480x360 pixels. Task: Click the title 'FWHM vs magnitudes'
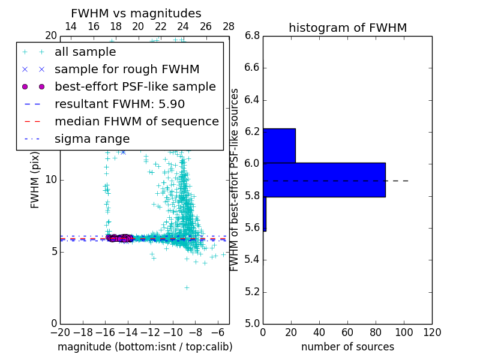(x=136, y=14)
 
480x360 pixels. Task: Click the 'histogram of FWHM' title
(x=347, y=28)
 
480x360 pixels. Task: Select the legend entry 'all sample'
(x=85, y=52)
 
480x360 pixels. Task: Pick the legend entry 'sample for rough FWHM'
(x=127, y=69)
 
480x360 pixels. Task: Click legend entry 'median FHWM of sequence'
(x=136, y=121)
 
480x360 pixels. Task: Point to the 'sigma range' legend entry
(x=92, y=139)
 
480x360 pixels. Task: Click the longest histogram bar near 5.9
(x=324, y=179)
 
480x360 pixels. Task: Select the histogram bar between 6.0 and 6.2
(x=279, y=145)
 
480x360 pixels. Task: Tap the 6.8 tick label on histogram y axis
(x=253, y=36)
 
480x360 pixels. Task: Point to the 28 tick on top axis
(x=229, y=26)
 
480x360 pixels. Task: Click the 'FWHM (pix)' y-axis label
(x=35, y=179)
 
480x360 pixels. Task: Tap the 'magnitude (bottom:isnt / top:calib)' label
(x=145, y=347)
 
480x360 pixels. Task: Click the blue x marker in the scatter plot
(x=123, y=152)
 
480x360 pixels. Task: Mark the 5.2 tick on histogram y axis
(x=253, y=292)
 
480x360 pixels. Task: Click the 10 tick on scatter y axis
(x=51, y=179)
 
